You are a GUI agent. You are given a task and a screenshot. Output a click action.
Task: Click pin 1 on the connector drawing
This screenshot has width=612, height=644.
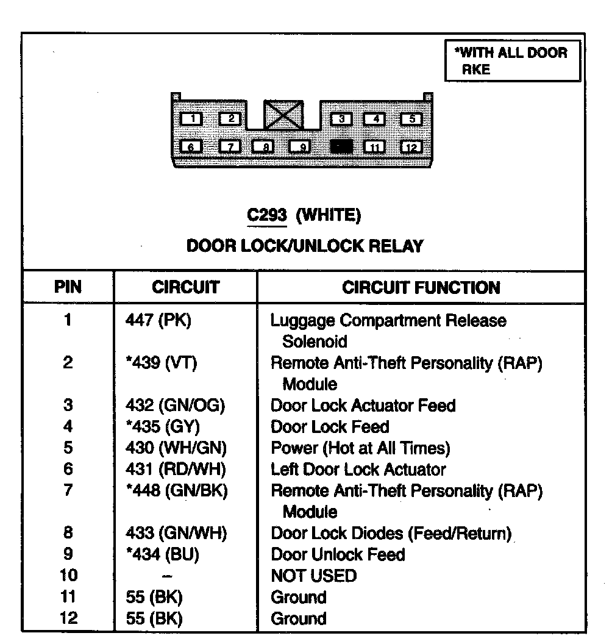pos(192,118)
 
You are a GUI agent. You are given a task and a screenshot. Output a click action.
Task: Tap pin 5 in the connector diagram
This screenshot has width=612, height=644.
pos(411,118)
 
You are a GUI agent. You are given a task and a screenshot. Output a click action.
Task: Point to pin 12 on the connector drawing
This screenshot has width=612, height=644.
pos(411,147)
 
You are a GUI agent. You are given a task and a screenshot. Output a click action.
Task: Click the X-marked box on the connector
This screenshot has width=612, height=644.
pos(283,115)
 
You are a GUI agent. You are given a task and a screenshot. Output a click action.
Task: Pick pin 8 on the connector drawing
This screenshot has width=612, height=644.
pos(263,147)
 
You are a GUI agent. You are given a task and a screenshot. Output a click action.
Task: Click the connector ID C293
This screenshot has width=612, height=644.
pos(266,215)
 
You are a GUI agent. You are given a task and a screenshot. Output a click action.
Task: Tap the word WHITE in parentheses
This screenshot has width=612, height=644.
pos(329,215)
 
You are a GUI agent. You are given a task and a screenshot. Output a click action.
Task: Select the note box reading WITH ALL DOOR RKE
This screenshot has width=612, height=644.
pos(513,61)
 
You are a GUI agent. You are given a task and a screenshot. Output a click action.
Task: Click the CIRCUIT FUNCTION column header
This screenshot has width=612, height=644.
pos(421,287)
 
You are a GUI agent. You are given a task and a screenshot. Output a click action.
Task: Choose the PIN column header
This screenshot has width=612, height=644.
pos(68,287)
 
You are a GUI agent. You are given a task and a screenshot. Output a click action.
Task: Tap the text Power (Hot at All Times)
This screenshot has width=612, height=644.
pos(360,448)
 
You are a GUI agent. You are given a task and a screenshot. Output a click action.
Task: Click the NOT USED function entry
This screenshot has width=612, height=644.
pos(313,576)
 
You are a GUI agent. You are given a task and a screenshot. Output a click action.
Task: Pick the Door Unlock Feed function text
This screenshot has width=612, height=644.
pos(338,554)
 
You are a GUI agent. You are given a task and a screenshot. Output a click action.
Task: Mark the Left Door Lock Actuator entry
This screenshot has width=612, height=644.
pos(358,470)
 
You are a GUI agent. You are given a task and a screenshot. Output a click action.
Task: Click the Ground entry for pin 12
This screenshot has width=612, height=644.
pos(299,618)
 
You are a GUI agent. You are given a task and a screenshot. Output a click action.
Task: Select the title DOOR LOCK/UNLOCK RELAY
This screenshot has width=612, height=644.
pos(304,246)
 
